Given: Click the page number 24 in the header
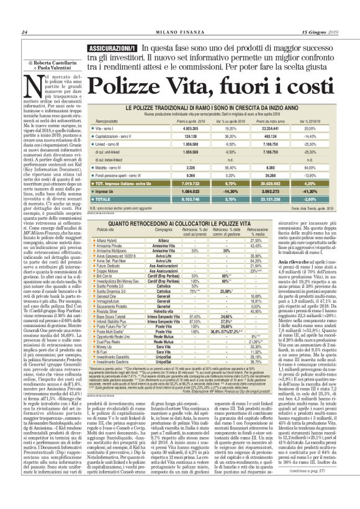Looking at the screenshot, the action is (24, 32).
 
